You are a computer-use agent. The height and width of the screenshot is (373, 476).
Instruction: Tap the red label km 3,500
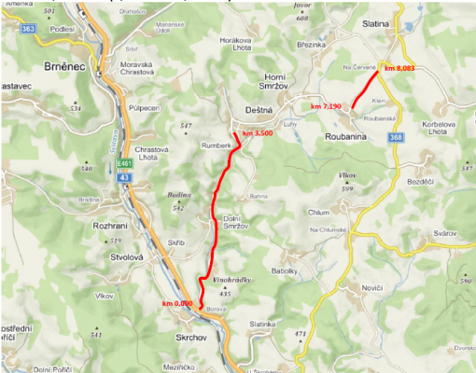coord(257,134)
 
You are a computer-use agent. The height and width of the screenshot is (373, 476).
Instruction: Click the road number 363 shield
coord(27,29)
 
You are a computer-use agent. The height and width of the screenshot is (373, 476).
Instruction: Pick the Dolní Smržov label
coord(240,225)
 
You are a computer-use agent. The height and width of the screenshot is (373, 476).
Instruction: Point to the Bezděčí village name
coord(421,181)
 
